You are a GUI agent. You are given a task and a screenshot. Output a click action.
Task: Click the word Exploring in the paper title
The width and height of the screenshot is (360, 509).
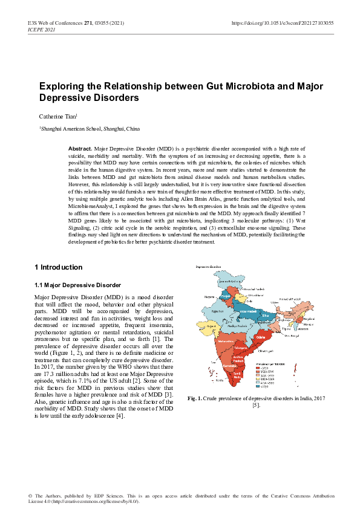click(x=62, y=86)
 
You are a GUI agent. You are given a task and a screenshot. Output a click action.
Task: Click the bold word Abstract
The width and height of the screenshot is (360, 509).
click(x=80, y=148)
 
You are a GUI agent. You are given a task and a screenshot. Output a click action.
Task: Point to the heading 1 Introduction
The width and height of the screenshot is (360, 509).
click(x=58, y=267)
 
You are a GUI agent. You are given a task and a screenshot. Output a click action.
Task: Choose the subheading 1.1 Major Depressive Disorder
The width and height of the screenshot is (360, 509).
click(x=78, y=284)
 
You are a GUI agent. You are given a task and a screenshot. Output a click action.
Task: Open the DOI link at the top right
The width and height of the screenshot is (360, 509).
click(x=283, y=23)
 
